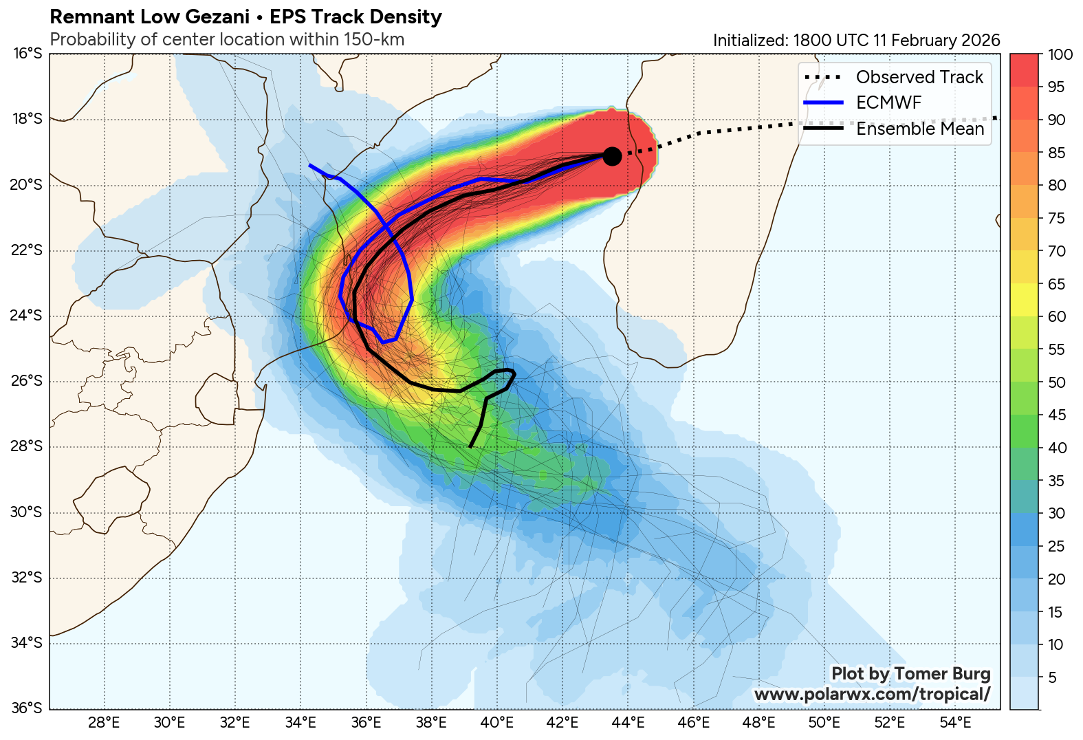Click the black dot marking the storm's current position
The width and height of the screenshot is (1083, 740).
[612, 156]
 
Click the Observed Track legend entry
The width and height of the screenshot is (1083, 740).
[919, 77]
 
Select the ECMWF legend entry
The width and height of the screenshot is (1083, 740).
[888, 102]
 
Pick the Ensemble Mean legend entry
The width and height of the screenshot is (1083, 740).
[919, 129]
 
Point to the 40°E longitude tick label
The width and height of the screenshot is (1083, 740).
[497, 723]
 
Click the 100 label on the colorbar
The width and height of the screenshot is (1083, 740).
[1060, 54]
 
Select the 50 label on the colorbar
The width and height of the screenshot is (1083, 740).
[1057, 382]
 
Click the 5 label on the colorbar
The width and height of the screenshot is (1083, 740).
[1052, 677]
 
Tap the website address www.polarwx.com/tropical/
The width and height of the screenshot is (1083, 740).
[872, 694]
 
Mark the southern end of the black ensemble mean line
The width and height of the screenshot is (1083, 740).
[470, 447]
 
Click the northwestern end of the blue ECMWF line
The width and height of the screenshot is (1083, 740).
[310, 165]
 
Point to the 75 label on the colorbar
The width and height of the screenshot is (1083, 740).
[1056, 218]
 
